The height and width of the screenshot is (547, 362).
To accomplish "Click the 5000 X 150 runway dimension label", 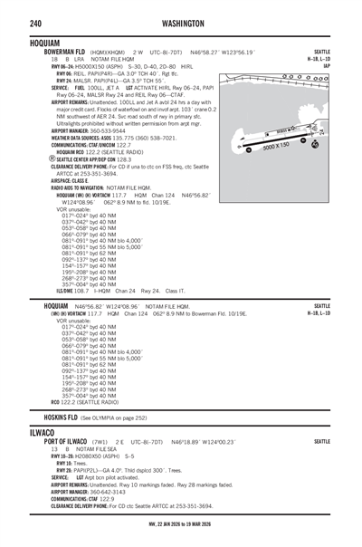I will (275, 146).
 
